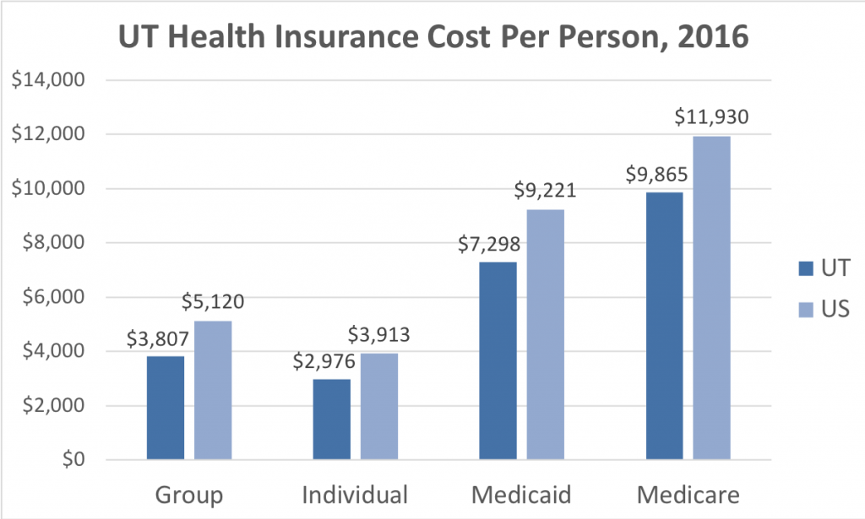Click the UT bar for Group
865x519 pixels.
point(165,408)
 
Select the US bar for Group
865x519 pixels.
point(213,390)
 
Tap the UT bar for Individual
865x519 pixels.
point(331,419)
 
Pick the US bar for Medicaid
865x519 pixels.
point(545,334)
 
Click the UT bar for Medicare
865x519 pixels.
point(664,326)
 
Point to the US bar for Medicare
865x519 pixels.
point(711,298)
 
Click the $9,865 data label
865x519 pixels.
point(656,176)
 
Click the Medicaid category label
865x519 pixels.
point(521,494)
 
